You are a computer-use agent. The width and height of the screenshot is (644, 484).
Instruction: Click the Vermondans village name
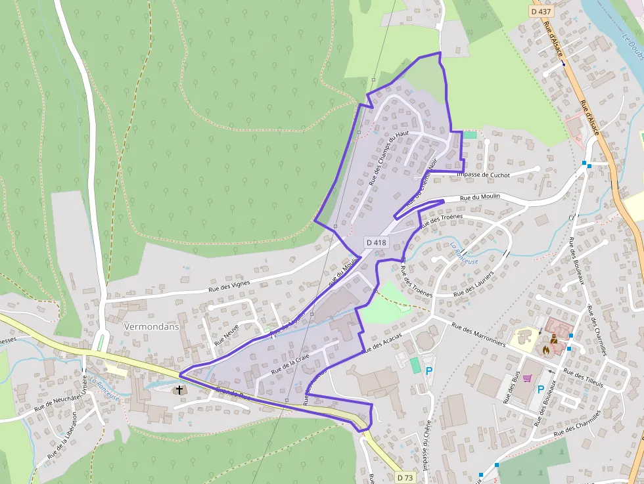[x=151, y=326]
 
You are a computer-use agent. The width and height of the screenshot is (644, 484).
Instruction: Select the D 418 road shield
[x=377, y=242]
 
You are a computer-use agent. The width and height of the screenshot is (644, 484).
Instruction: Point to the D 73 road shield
[x=405, y=477]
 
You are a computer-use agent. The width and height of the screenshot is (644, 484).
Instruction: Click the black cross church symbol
[x=179, y=390]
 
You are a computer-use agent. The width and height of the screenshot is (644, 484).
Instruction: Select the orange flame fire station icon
[x=545, y=350]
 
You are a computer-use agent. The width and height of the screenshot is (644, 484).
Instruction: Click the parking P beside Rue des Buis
[x=541, y=389]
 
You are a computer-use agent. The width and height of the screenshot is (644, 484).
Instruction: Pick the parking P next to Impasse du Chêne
[x=429, y=371]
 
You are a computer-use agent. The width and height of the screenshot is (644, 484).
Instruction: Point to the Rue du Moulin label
[x=480, y=196]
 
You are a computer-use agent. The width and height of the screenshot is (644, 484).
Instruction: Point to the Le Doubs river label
[x=633, y=47]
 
